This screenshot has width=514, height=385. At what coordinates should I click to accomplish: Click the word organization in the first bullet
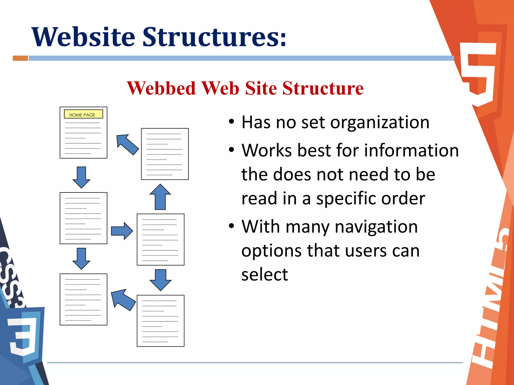point(380,123)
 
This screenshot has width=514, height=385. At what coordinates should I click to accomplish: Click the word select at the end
point(265,274)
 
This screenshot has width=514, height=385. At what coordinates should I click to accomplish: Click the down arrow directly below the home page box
point(81,177)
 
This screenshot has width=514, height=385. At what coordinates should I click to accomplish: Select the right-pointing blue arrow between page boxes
point(122,231)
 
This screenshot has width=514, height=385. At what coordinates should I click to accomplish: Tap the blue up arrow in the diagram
point(160,197)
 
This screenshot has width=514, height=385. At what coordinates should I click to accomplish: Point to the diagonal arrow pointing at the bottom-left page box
point(123,299)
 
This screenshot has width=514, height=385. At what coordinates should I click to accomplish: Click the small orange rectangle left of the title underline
point(20,58)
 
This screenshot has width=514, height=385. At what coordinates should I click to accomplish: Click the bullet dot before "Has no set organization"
point(231,122)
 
